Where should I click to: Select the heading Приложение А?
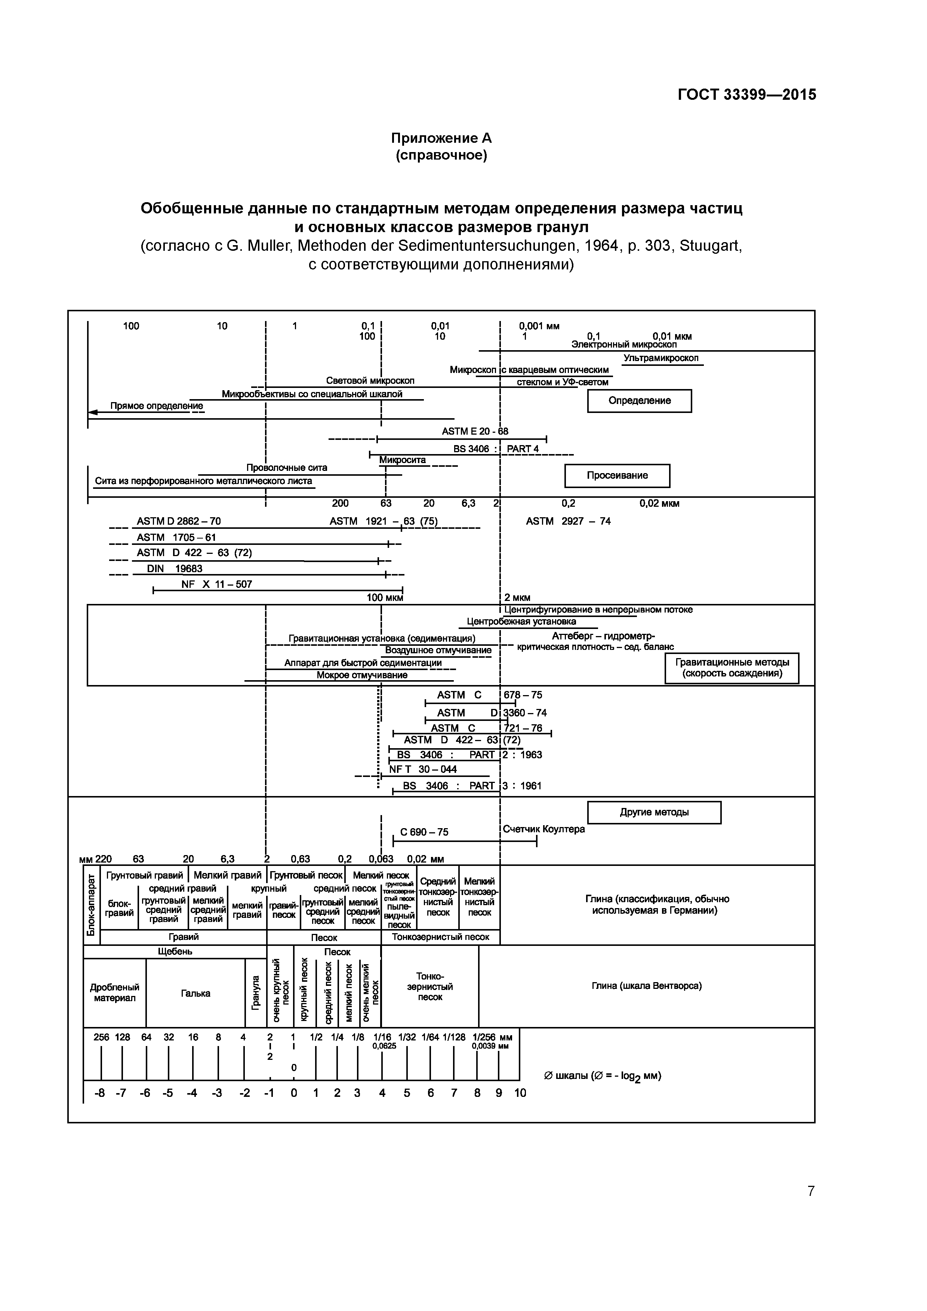coord(441,138)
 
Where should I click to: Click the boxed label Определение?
coord(639,401)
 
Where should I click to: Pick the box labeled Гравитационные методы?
coord(732,668)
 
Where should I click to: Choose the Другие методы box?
coord(654,812)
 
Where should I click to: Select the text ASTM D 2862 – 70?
coord(178,521)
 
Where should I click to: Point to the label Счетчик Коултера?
coord(544,829)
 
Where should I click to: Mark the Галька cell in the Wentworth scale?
coord(195,994)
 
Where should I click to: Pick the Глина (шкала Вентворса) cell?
coord(647,985)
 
